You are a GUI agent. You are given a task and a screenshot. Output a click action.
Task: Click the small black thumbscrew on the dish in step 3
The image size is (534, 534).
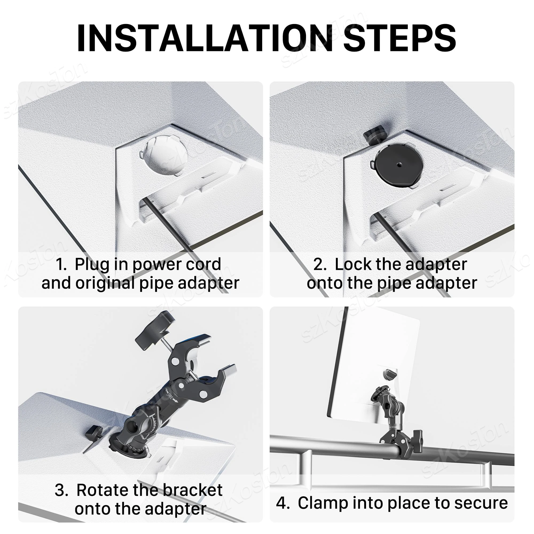(94, 431)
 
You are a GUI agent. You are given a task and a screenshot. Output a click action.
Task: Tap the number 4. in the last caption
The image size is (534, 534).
(282, 503)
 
